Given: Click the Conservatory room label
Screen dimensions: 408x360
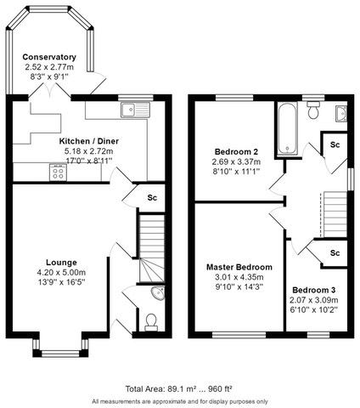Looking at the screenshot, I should (x=49, y=57).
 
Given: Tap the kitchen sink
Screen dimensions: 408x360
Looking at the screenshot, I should (x=134, y=108).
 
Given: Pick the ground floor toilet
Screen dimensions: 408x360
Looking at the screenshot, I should (x=150, y=321).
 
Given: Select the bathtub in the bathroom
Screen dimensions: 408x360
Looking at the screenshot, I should (x=284, y=127).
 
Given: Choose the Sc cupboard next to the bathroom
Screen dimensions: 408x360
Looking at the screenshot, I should (x=335, y=144).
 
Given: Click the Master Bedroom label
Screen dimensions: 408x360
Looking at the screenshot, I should (x=239, y=267).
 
